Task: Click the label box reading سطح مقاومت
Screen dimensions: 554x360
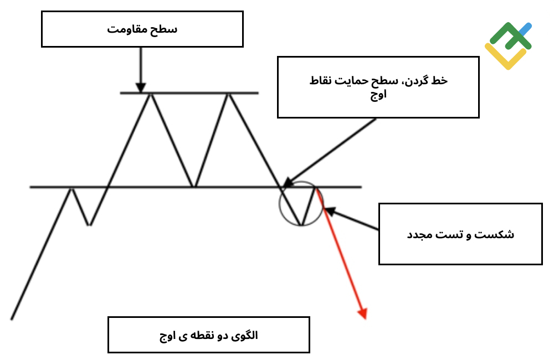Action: click(142, 29)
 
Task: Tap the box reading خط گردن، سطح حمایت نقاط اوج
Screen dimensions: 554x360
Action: click(378, 87)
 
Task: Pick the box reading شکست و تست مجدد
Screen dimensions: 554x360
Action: click(460, 234)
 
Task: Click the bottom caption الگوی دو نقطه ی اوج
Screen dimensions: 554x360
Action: click(208, 335)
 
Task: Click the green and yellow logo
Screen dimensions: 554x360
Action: click(508, 45)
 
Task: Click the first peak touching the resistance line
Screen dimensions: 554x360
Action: click(151, 94)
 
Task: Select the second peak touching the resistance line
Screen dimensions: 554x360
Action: click(229, 94)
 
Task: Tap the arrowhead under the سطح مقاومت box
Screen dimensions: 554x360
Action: click(141, 88)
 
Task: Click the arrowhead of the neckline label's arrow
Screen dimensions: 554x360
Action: click(288, 182)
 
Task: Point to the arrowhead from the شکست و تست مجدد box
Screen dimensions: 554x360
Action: click(329, 211)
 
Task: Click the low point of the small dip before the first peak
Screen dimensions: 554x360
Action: click(89, 225)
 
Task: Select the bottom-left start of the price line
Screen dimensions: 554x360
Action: click(12, 320)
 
